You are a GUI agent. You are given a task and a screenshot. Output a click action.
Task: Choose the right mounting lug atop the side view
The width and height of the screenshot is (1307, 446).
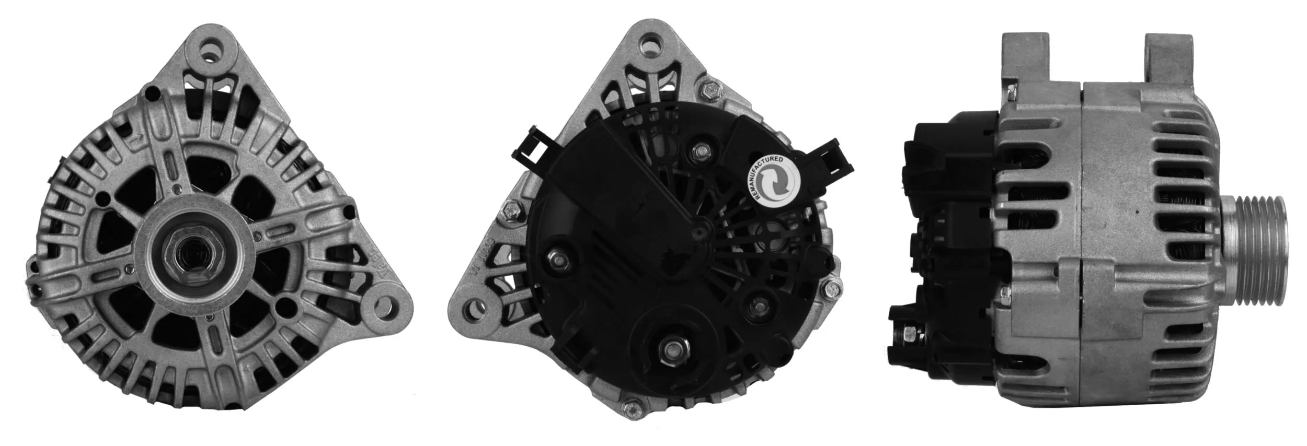pyautogui.click(x=1169, y=56)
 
